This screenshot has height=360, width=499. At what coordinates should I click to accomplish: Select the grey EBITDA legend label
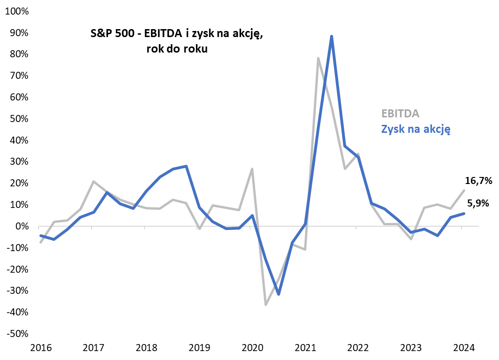click(x=400, y=114)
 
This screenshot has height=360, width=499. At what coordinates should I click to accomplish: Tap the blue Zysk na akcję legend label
click(x=416, y=129)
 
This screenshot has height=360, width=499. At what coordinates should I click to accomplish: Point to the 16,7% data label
click(x=478, y=181)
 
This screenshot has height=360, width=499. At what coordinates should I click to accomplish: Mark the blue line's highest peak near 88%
click(x=332, y=36)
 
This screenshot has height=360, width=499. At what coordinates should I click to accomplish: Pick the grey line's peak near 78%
click(x=318, y=58)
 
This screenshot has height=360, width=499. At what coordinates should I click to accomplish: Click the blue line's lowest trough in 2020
click(x=279, y=294)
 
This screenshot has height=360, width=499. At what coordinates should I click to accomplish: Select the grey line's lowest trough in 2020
click(x=265, y=305)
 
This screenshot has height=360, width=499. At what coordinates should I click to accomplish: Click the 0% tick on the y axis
click(x=22, y=226)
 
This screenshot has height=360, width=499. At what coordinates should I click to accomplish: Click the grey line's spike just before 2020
click(x=252, y=169)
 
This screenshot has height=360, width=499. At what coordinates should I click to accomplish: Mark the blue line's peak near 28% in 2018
click(x=187, y=166)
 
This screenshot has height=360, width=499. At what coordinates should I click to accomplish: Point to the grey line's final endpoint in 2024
click(x=464, y=190)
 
